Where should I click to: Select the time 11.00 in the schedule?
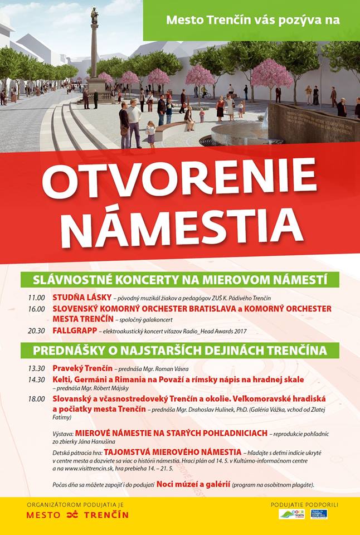coord(36,298)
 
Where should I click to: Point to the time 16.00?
coord(36,309)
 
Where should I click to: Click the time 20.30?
coord(36,331)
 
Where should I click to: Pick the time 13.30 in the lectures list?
coord(36,368)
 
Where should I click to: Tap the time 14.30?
coord(36,380)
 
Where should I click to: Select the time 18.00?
coord(36,399)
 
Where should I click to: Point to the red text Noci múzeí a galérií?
coord(193,484)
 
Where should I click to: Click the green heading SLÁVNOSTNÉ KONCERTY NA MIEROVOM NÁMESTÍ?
coord(179,279)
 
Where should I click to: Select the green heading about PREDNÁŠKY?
coord(179,351)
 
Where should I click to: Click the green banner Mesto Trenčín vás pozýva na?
coord(252,21)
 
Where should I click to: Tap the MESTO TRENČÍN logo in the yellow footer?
coord(77,514)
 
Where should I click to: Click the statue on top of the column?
coord(95,15)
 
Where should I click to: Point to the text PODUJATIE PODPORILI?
coord(304,504)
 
